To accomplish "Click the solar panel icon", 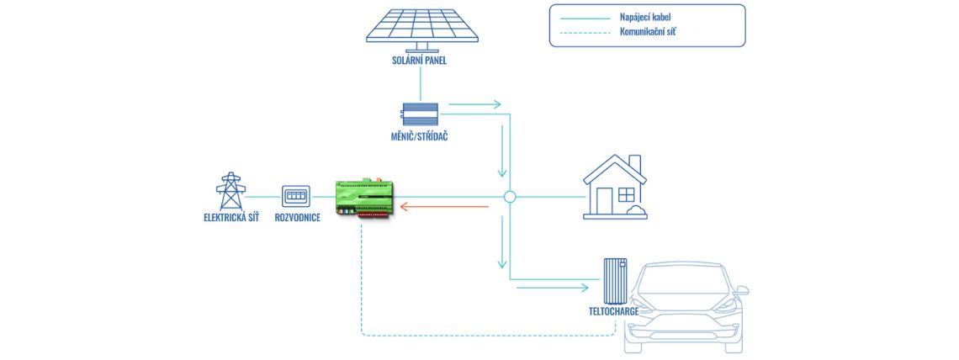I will pyautogui.click(x=423, y=25).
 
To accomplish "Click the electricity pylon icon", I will pyautogui.click(x=229, y=192).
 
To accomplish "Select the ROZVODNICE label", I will pyautogui.click(x=297, y=217).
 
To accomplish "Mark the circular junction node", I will pyautogui.click(x=509, y=197).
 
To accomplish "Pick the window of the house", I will pyautogui.click(x=626, y=194).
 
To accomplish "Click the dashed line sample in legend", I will pyautogui.click(x=580, y=33).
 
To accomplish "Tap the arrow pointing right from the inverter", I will pyautogui.click(x=474, y=105).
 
